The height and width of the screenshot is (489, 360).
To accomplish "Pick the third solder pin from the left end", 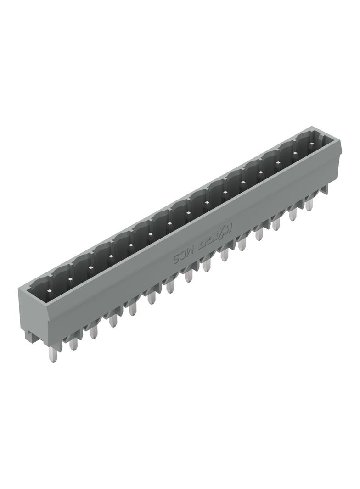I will coord(94,332).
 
